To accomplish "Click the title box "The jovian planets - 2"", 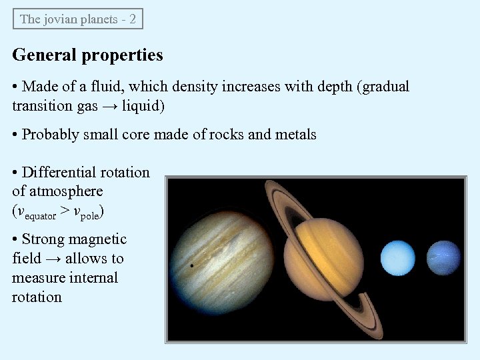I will point(78,19).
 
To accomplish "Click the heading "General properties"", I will point(87,55).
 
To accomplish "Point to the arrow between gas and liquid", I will point(109,106).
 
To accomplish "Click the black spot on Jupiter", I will point(192,265).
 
